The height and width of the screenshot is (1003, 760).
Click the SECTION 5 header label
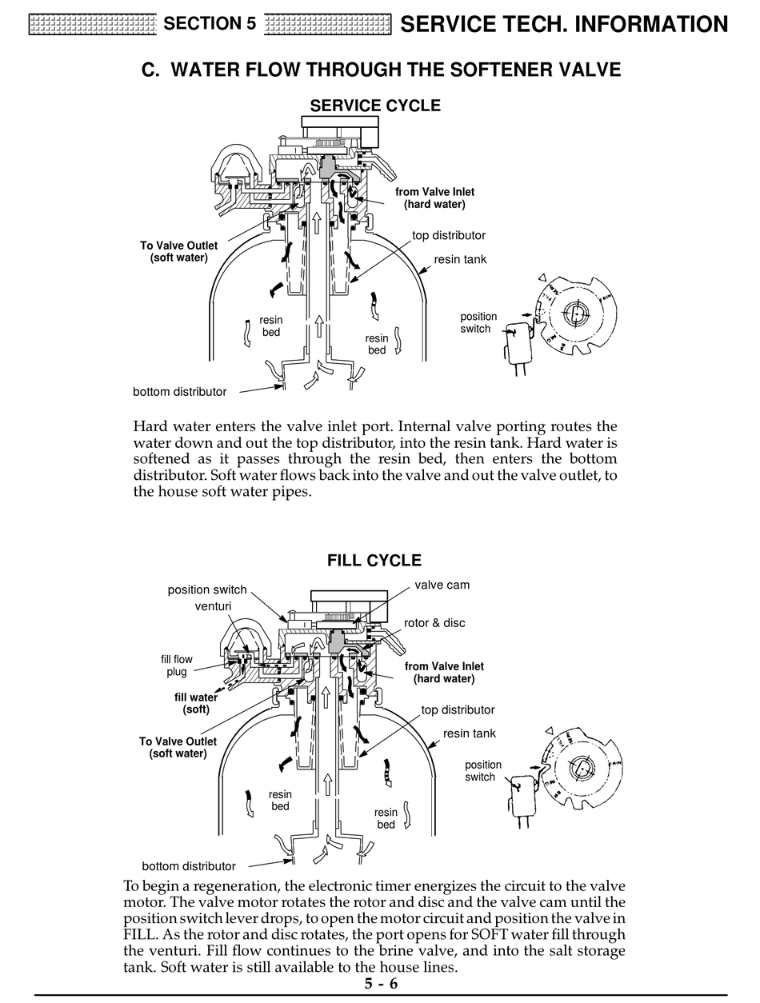pyautogui.click(x=210, y=24)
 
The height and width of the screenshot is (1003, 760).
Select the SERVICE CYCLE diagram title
pyautogui.click(x=374, y=106)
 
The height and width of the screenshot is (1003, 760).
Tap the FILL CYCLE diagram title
pyautogui.click(x=374, y=560)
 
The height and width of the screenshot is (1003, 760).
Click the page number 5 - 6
pyautogui.click(x=381, y=984)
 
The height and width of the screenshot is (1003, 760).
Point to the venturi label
pyautogui.click(x=213, y=606)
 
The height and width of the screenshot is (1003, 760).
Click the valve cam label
pyautogui.click(x=442, y=585)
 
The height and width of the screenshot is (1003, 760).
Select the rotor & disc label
pyautogui.click(x=434, y=623)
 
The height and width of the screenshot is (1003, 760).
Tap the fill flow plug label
pyautogui.click(x=177, y=665)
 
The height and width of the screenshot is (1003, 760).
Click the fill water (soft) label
pyautogui.click(x=196, y=703)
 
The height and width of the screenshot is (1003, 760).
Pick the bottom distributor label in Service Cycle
pyautogui.click(x=179, y=392)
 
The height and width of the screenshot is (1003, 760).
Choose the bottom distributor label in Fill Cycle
pyautogui.click(x=189, y=866)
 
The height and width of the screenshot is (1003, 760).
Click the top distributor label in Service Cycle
pyautogui.click(x=449, y=235)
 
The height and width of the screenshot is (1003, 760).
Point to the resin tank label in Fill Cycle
pyautogui.click(x=469, y=733)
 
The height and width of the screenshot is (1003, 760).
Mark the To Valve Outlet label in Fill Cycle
pyautogui.click(x=178, y=747)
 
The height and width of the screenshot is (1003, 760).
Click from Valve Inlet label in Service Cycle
pyautogui.click(x=434, y=198)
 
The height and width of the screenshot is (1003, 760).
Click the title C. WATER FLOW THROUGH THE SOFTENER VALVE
pyautogui.click(x=381, y=70)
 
